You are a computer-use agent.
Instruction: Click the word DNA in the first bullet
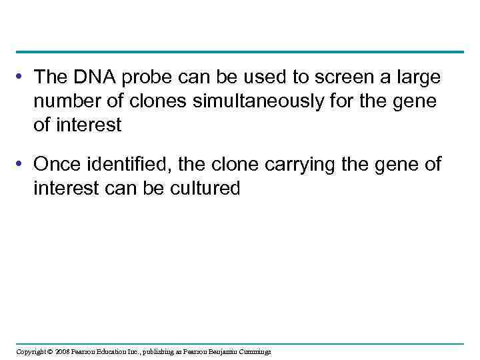point(90,77)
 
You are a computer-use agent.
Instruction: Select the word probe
point(145,77)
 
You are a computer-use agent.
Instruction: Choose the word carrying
point(294,164)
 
